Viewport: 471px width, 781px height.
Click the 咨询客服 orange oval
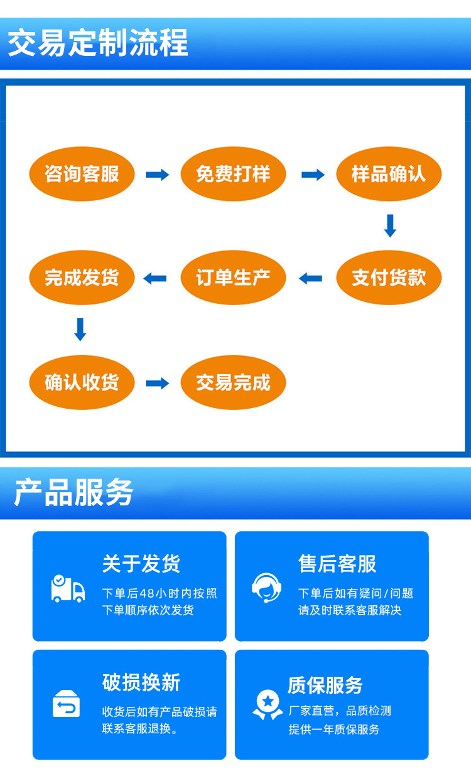click(82, 174)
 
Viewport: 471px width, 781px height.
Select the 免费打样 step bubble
click(233, 174)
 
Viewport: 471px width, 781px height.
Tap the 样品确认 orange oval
click(389, 174)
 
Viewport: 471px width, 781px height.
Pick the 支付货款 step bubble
click(389, 277)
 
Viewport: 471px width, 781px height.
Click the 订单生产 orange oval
click(233, 277)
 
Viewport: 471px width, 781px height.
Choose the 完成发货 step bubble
click(82, 277)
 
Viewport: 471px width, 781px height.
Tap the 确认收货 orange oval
click(82, 382)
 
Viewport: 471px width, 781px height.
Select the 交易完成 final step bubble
click(233, 382)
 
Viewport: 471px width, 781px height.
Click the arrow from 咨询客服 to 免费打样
click(158, 175)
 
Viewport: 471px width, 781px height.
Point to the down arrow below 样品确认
click(390, 226)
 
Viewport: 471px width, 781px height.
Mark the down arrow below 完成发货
click(80, 330)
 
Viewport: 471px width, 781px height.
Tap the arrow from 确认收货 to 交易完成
click(158, 383)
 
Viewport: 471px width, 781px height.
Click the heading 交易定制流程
click(98, 43)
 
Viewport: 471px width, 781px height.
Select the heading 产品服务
click(74, 492)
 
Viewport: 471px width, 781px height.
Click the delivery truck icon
click(67, 588)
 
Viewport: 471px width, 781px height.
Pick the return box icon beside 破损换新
click(67, 704)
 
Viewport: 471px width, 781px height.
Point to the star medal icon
click(268, 704)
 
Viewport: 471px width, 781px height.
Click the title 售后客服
click(337, 564)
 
